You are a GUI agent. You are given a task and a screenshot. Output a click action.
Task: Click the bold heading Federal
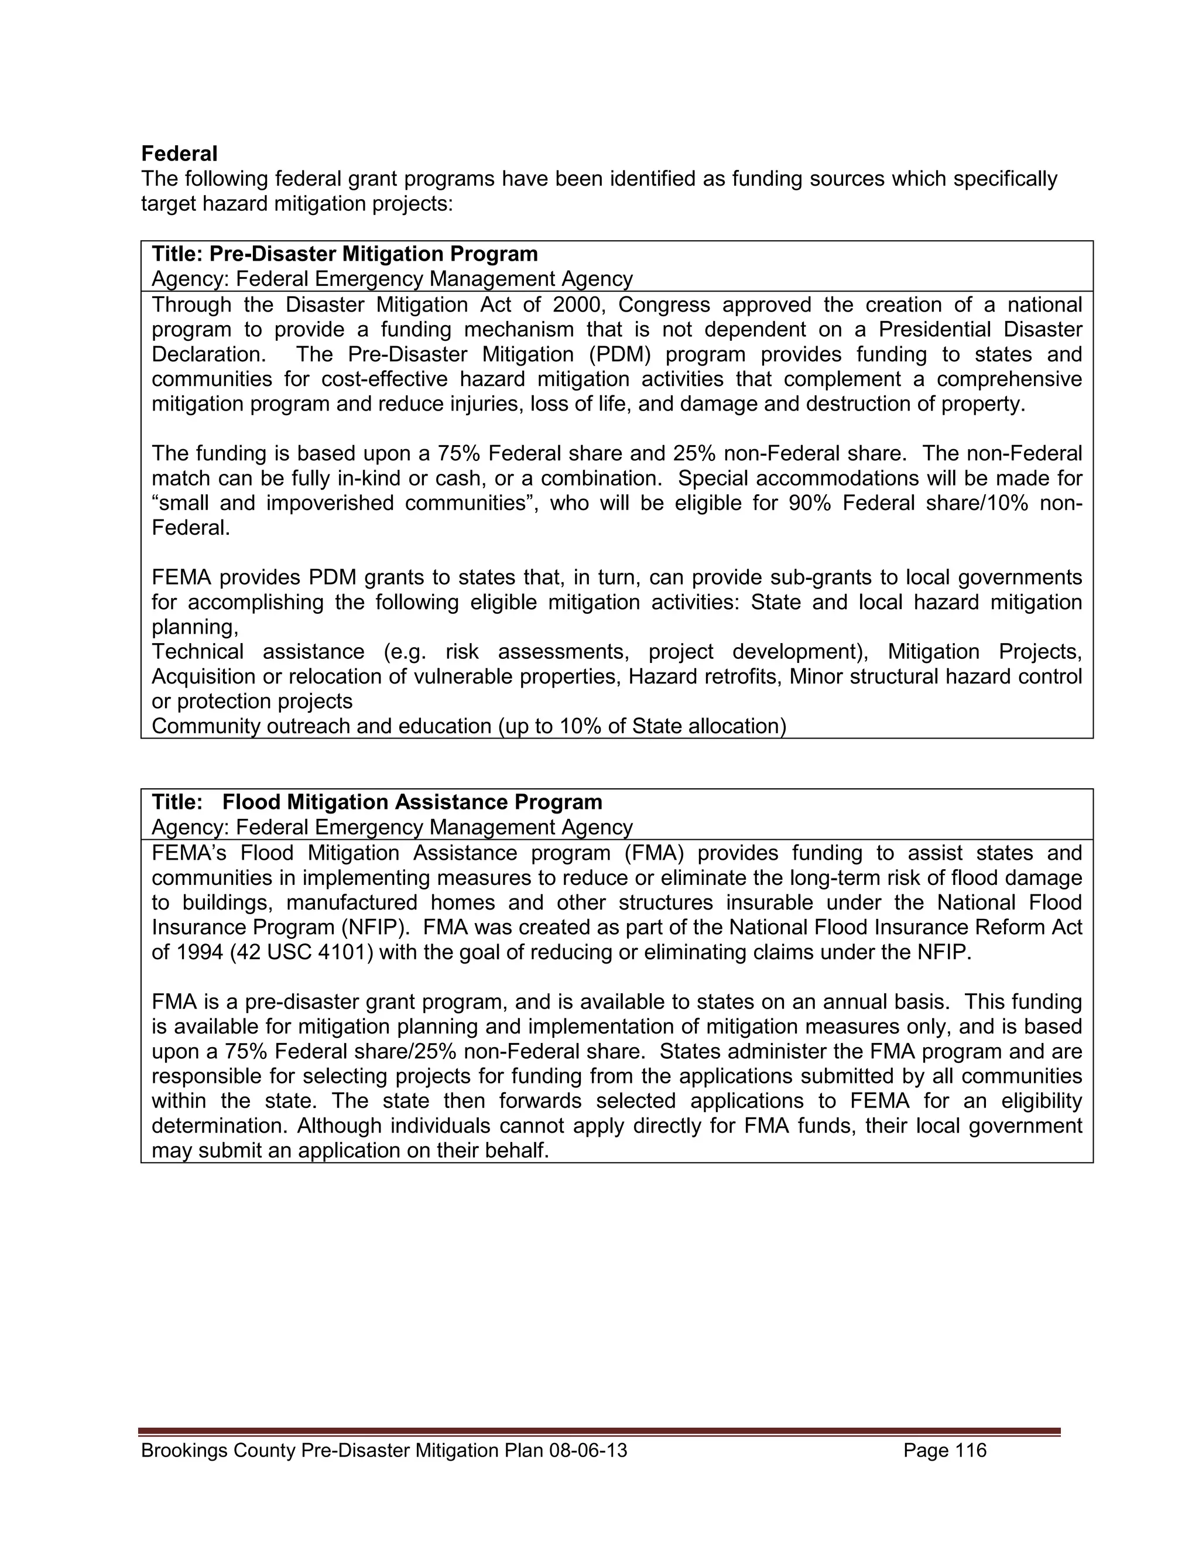click(x=179, y=153)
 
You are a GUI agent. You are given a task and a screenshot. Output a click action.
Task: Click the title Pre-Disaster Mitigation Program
click(x=374, y=254)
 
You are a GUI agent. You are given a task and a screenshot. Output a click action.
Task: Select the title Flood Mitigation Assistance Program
click(x=412, y=802)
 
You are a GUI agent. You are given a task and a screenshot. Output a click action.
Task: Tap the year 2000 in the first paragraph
click(x=574, y=305)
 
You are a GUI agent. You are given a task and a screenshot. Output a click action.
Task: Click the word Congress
click(x=663, y=305)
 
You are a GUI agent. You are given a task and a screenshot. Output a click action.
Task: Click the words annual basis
click(x=886, y=1002)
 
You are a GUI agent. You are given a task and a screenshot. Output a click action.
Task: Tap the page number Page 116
click(x=945, y=1450)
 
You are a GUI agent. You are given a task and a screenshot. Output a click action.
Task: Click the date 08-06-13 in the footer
click(x=588, y=1450)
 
